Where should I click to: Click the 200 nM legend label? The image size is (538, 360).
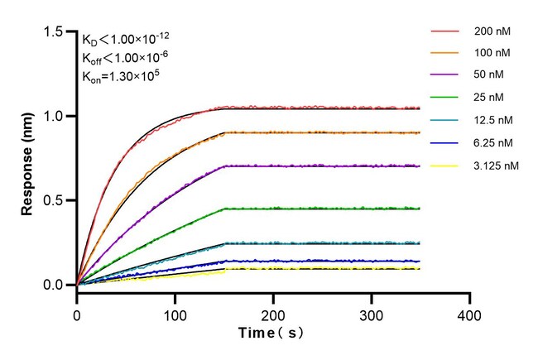click(x=492, y=31)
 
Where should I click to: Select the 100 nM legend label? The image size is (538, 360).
click(x=492, y=54)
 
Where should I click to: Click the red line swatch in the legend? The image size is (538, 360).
click(x=445, y=31)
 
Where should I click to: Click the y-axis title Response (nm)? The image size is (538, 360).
click(x=27, y=158)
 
